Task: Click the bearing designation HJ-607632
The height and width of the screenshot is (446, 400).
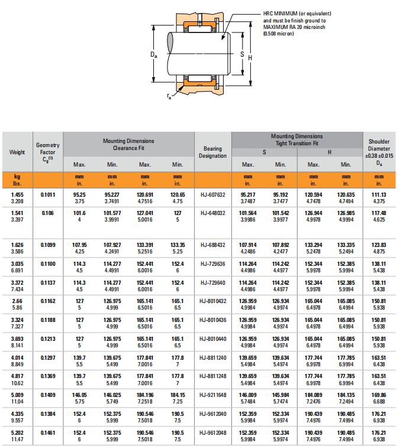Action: coord(212,194)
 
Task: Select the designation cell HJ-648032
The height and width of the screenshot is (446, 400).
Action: coord(212,213)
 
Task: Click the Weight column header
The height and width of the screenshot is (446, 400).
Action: coord(17,152)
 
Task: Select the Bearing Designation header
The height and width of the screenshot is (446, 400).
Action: coord(212,152)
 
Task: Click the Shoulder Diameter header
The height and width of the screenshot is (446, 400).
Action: coord(379,148)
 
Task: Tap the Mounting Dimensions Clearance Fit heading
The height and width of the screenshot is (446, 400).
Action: coord(128,144)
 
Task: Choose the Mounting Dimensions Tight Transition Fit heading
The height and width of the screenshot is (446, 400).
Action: coord(296,139)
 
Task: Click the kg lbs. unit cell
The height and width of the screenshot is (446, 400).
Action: coord(17,180)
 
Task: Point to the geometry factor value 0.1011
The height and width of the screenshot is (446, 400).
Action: coord(48,194)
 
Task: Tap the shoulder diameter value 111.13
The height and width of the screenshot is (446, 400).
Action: coord(379,194)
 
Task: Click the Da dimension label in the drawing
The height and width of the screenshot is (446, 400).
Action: coord(153,55)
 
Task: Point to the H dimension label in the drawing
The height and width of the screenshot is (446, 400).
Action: coord(250,57)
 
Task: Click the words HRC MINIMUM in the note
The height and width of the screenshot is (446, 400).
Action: coord(282,13)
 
